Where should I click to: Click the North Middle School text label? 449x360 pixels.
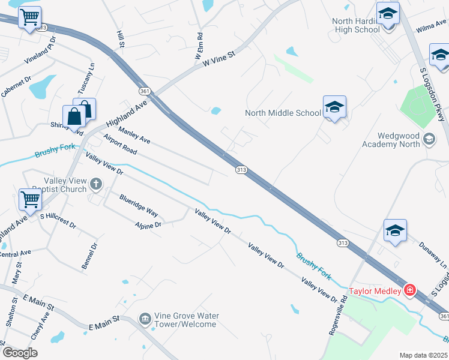pos(283,113)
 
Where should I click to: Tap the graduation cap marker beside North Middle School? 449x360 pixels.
pos(334,107)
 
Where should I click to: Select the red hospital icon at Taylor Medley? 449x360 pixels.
pos(410,290)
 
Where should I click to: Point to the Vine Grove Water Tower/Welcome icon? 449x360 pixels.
pos(145,319)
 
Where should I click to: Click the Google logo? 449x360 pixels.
pos(20,353)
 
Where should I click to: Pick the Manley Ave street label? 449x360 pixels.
pos(134,136)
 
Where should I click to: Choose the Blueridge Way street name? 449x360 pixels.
pos(138,206)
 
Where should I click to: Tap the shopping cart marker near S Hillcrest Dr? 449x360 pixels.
pos(29,200)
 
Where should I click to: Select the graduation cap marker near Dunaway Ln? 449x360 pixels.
pos(395,231)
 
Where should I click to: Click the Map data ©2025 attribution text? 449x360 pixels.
pos(423,355)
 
